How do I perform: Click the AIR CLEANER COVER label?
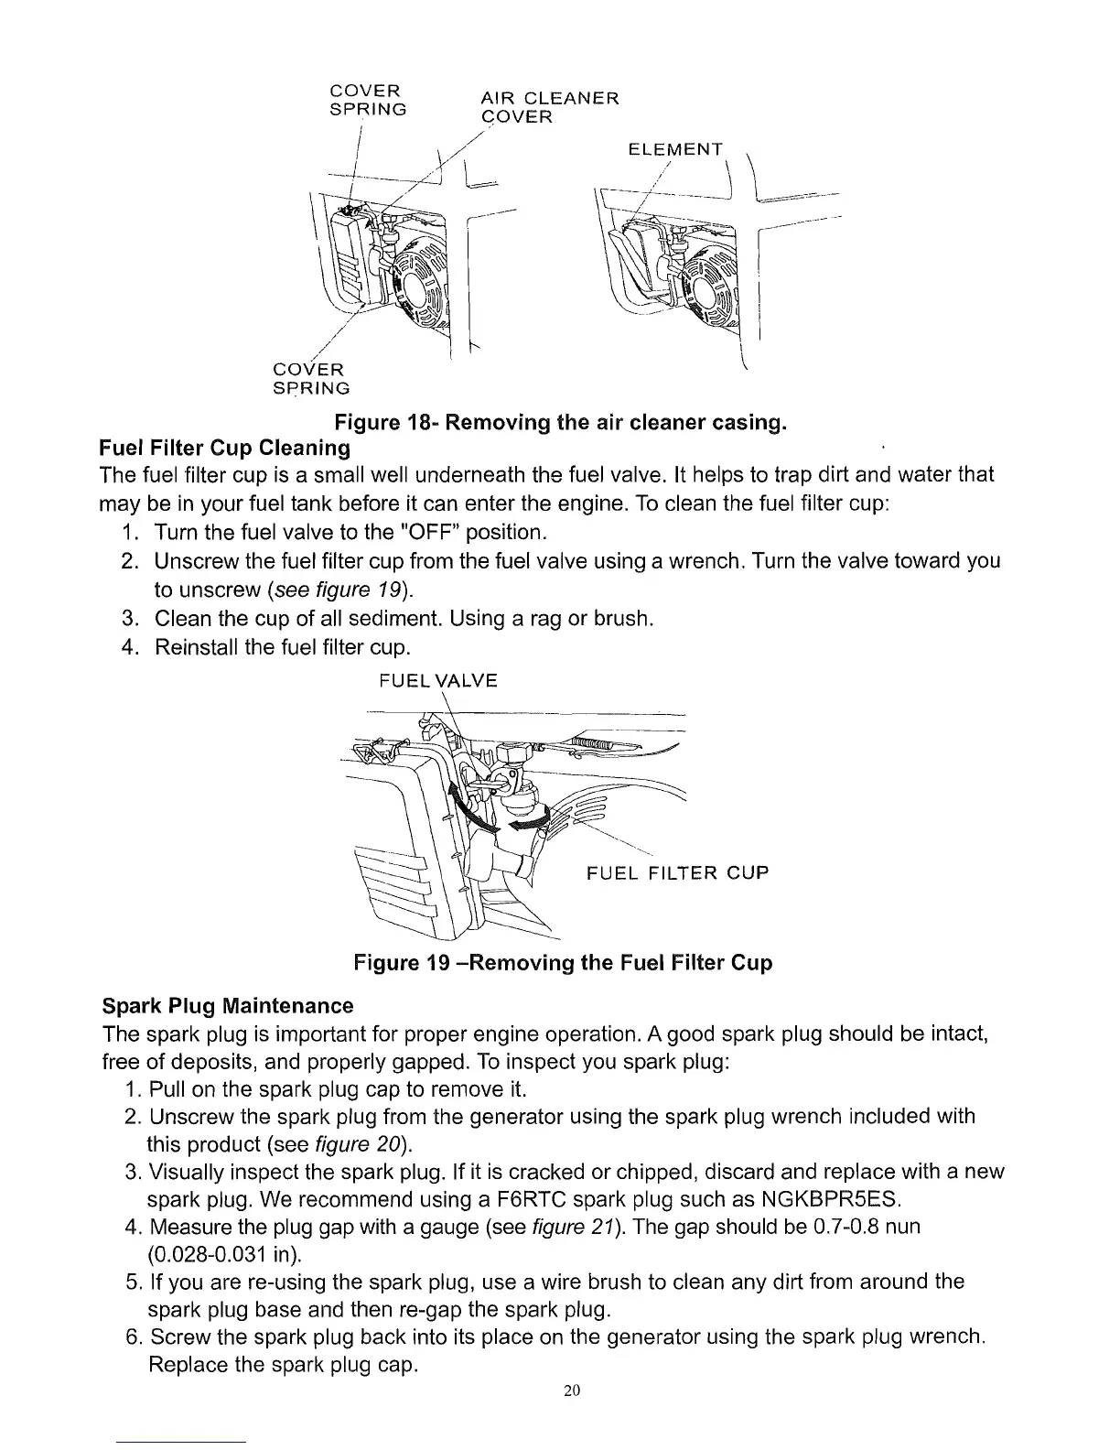pos(549,107)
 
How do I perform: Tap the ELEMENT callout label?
pos(675,149)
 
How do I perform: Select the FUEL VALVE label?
pos(437,680)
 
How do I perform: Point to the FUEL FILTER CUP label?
pos(677,872)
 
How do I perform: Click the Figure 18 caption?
pos(561,424)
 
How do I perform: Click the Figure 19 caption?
pos(563,963)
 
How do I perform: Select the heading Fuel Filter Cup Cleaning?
pos(224,449)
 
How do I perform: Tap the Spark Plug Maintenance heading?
pos(226,1006)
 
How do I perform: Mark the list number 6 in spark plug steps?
pos(131,1336)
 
